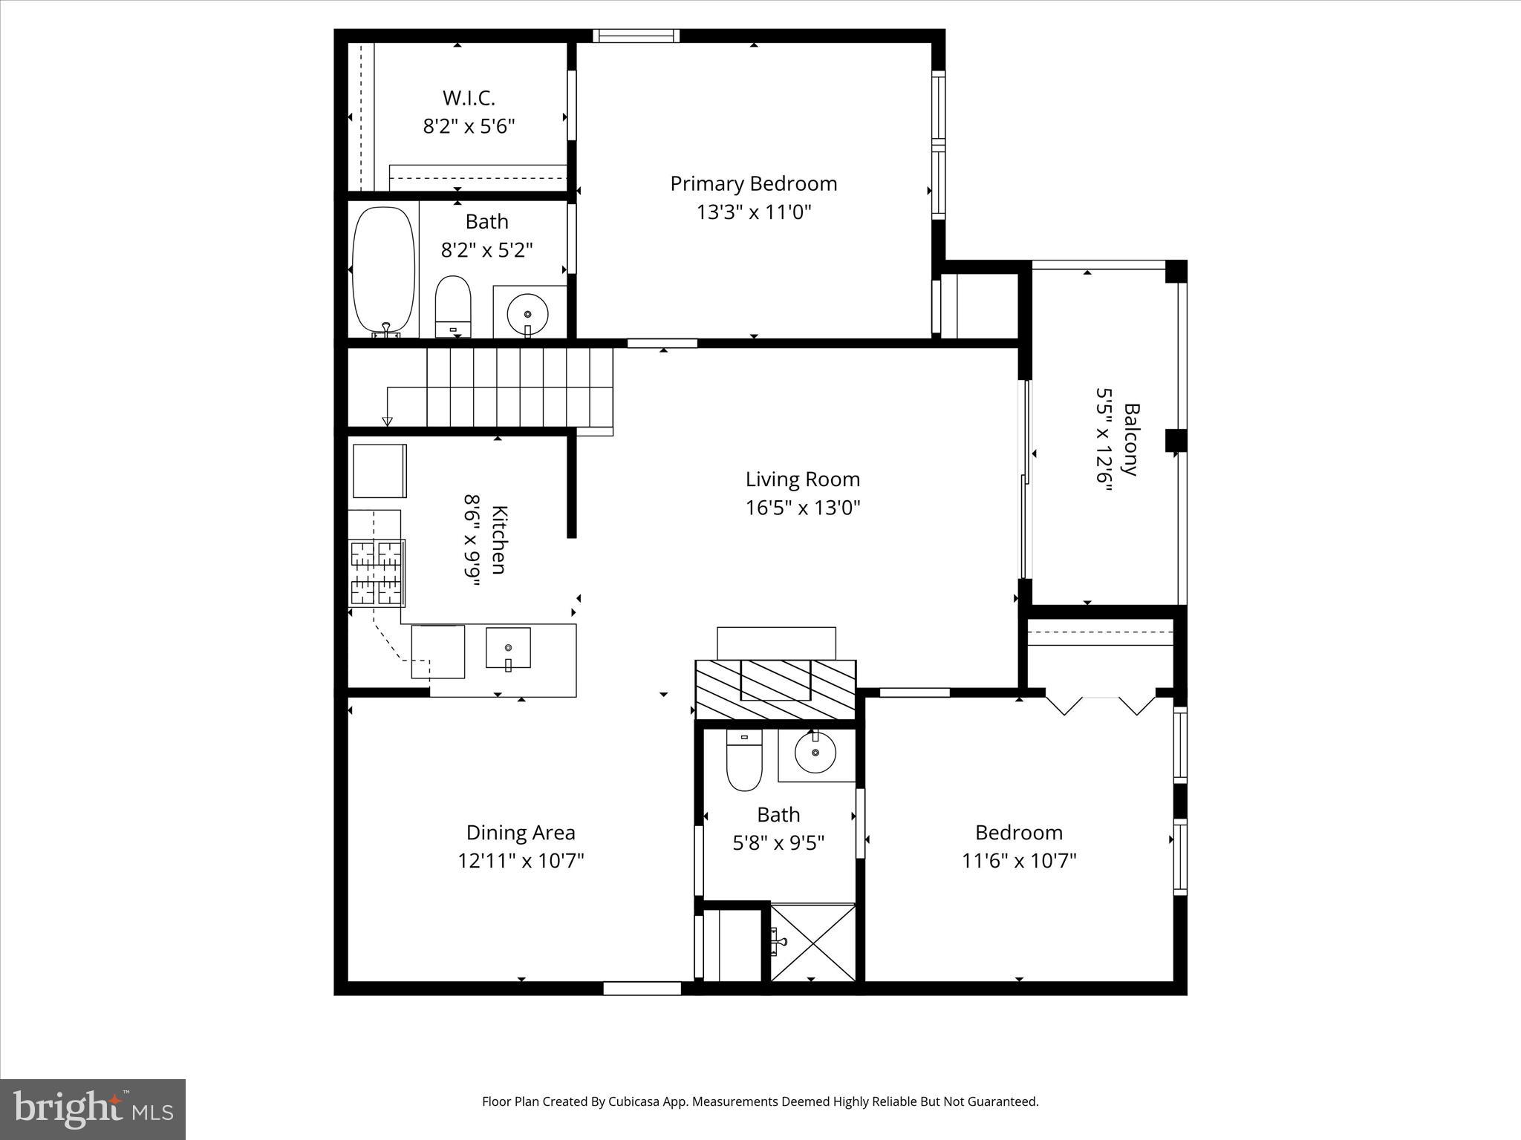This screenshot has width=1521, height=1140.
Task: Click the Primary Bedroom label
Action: point(753,184)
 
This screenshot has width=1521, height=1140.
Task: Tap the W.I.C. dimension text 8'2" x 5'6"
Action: point(469,126)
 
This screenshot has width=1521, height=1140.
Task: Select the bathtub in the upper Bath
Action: point(383,270)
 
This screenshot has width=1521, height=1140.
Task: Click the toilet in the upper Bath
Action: point(452,305)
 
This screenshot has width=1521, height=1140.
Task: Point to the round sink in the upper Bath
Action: point(527,312)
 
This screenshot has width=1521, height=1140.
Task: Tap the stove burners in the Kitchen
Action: point(377,573)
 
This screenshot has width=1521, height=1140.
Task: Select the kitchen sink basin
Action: point(508,647)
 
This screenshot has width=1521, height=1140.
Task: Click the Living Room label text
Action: point(802,479)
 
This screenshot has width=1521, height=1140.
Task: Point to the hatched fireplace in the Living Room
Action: point(775,689)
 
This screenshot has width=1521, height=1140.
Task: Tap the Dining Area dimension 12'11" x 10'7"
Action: point(521,861)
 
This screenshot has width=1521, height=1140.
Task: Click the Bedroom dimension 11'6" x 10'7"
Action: point(1019,861)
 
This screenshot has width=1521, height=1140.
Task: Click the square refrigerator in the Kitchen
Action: point(380,471)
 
